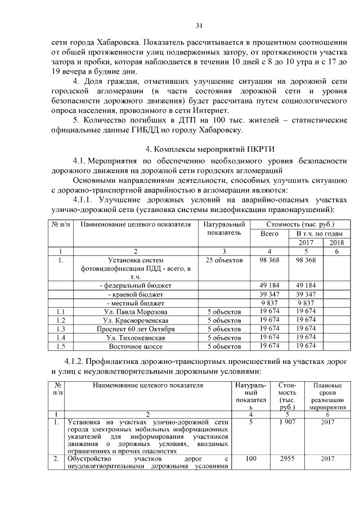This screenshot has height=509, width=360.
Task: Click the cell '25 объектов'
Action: [224, 260]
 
